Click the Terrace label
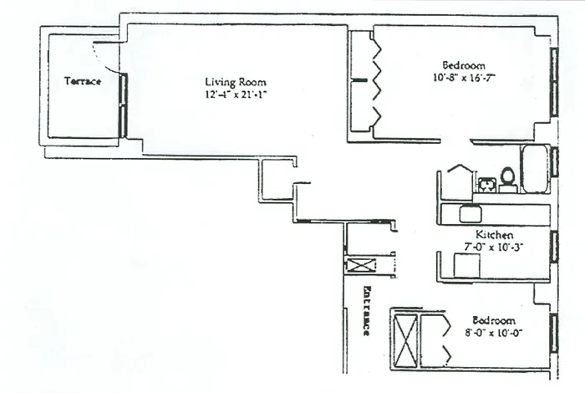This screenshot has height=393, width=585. point(83,82)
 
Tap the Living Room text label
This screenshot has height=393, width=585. point(235,82)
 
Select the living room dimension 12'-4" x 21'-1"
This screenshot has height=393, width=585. point(235,94)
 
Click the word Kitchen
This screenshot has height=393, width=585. point(493,236)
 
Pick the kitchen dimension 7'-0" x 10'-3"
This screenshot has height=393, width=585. point(493,248)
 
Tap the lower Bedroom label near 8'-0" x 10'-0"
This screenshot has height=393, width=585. point(493,320)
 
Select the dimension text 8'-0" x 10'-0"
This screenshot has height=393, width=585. point(493,332)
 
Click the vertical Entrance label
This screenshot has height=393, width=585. point(365,311)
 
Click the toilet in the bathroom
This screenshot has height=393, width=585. point(506,178)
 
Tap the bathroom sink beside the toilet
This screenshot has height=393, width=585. point(486,182)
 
